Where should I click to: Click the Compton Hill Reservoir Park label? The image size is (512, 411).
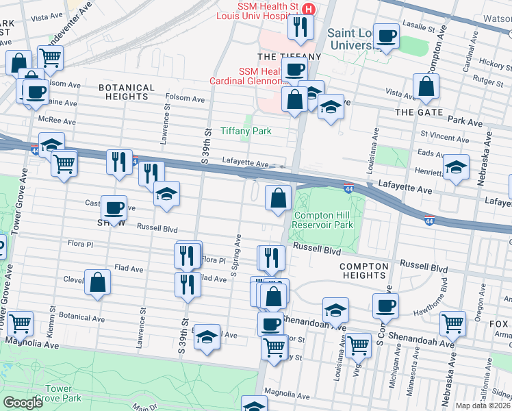(323, 220)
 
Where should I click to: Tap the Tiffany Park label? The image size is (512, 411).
(246, 131)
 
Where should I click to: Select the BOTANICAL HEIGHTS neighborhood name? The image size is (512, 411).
(127, 92)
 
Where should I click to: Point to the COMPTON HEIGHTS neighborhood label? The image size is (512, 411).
(363, 271)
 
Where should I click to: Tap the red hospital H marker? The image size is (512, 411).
(309, 9)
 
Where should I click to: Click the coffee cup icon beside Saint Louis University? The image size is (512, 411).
(386, 36)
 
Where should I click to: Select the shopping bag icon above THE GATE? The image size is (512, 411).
(426, 86)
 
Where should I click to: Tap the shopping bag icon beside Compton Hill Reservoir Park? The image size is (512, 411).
(279, 198)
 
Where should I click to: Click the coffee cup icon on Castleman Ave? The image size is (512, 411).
(114, 206)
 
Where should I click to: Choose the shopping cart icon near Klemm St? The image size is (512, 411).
(20, 321)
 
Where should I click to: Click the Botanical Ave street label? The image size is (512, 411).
(81, 319)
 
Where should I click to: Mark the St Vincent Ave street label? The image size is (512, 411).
(445, 138)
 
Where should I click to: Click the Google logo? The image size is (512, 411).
(23, 403)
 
